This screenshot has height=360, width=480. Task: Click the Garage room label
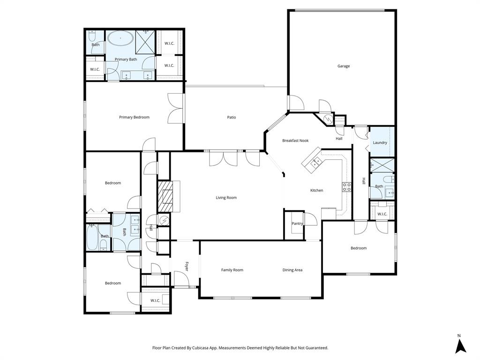tap(344, 66)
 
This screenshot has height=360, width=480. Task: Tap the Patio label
tap(232, 117)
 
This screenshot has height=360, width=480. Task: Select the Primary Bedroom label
tap(134, 117)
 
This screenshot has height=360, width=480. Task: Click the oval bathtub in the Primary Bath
tap(120, 38)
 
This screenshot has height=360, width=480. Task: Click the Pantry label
tap(297, 224)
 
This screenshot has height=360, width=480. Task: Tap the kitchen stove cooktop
tap(347, 187)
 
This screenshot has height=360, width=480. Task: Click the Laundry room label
tap(380, 142)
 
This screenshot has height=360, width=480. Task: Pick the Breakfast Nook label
tap(295, 141)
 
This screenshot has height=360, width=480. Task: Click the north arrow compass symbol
tap(461, 345)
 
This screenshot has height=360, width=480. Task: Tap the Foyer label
tap(186, 267)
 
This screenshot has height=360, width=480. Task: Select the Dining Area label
tap(292, 270)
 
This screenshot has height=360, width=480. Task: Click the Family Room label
tap(232, 270)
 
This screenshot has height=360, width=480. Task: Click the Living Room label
tap(226, 198)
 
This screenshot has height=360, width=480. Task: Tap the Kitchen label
tap(317, 190)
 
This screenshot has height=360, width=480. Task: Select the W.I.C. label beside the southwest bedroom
tap(155, 300)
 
